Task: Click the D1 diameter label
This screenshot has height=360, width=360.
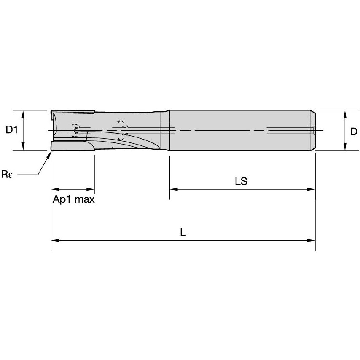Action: pos(11,131)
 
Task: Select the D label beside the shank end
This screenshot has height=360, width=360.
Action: pos(353,132)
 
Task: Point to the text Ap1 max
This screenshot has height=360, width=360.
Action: pos(73,199)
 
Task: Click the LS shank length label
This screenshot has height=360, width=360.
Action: pos(241,182)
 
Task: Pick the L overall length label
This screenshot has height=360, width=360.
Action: pos(183,232)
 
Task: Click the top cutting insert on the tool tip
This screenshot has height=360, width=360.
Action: pos(72,112)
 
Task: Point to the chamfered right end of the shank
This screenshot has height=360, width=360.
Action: pos(314,130)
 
